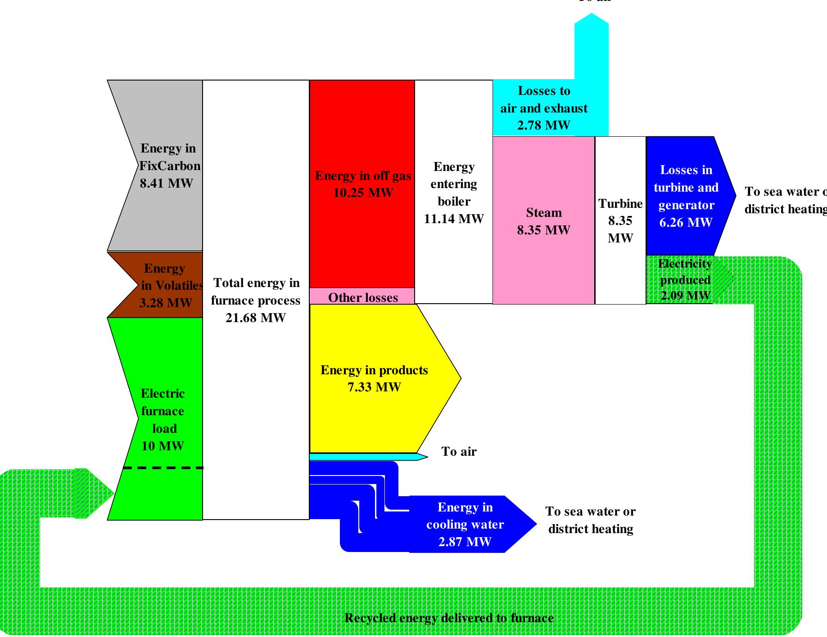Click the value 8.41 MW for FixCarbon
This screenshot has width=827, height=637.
(166, 184)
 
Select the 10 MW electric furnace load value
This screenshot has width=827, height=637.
(163, 446)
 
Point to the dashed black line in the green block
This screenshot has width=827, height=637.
(163, 468)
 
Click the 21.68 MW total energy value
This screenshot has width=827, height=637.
(255, 318)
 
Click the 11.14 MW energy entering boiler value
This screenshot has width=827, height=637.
(454, 219)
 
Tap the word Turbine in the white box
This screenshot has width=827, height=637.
(620, 204)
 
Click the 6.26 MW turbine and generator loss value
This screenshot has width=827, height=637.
(686, 223)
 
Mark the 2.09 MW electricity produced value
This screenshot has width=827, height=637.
(685, 296)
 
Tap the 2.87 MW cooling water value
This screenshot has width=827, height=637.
(465, 542)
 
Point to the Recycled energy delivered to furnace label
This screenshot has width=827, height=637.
(449, 618)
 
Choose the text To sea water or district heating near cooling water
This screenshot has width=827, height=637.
(590, 520)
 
